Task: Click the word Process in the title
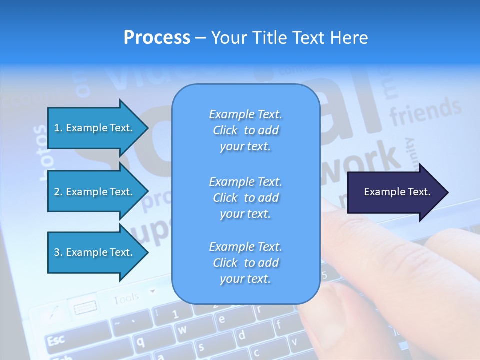click(157, 38)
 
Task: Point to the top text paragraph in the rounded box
click(245, 130)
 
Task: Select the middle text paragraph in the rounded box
click(245, 197)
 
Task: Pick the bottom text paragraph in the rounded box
click(245, 263)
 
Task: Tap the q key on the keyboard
click(141, 341)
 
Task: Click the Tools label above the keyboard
click(126, 299)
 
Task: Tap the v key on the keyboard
click(294, 342)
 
